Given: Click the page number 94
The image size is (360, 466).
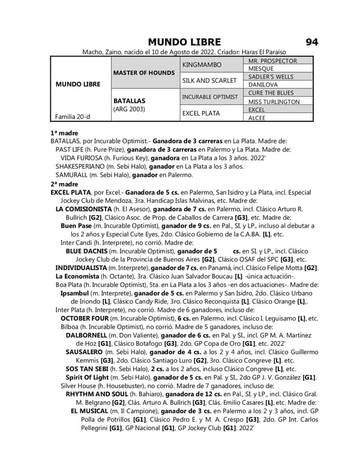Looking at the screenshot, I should [311, 42].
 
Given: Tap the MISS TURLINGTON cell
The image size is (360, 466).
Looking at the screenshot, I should [274, 102].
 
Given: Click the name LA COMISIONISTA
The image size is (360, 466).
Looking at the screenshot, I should [86, 208].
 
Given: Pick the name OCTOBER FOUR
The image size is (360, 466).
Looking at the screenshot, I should [85, 318].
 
